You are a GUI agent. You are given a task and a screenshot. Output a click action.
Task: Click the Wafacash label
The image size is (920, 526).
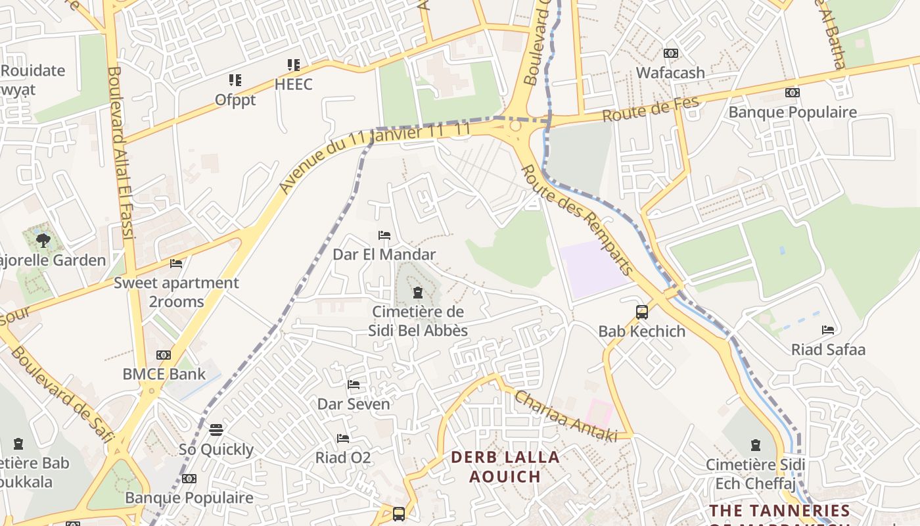[x=670, y=72]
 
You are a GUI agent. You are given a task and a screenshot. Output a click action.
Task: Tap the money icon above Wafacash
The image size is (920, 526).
[x=670, y=53]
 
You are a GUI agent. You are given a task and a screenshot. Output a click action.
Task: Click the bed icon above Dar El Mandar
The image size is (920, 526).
[x=384, y=235]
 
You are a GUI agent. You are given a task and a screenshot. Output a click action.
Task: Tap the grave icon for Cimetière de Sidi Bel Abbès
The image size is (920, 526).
[x=417, y=293]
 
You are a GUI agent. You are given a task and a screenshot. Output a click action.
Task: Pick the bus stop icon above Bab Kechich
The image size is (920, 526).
[x=642, y=312]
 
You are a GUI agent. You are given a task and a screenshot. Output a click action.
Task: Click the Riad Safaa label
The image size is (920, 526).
[x=828, y=349]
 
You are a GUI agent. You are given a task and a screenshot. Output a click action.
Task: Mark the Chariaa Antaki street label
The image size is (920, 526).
[x=566, y=416]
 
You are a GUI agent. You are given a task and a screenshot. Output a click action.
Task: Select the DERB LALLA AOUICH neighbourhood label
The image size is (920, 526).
[x=505, y=466]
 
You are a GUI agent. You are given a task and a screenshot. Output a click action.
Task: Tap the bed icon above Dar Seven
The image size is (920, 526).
[x=354, y=385]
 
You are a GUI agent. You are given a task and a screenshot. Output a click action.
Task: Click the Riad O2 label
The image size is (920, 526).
[x=343, y=457]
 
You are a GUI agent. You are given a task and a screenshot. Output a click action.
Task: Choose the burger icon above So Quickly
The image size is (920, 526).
[x=216, y=431]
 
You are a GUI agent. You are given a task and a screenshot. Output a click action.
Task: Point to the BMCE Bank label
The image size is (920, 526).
[x=164, y=374]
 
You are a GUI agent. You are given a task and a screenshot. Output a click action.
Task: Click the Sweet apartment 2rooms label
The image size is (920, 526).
[x=176, y=292]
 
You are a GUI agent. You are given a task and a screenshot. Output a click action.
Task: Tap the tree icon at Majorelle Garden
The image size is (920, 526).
[x=43, y=241]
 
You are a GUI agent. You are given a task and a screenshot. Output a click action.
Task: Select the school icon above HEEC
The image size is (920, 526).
[x=293, y=65]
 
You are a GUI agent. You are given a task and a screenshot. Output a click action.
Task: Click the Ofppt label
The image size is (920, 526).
[x=235, y=100]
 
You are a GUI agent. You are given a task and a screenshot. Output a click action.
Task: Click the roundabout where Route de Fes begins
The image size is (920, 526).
[x=515, y=125]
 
